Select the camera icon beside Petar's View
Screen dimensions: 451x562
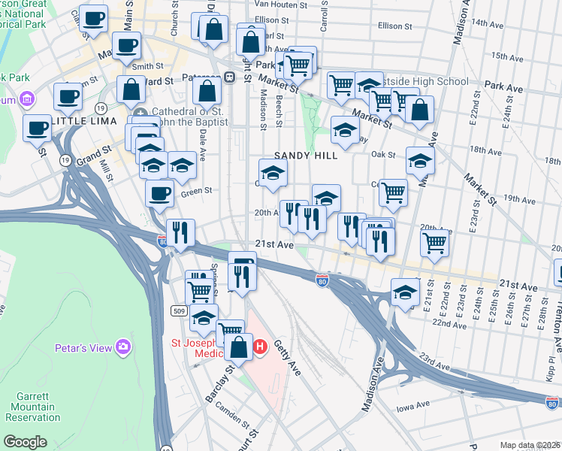click(123, 347)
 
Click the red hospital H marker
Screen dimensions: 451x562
click(260, 347)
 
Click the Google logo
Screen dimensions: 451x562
click(25, 442)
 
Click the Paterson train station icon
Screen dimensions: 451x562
click(228, 77)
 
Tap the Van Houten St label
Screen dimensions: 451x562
click(283, 4)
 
